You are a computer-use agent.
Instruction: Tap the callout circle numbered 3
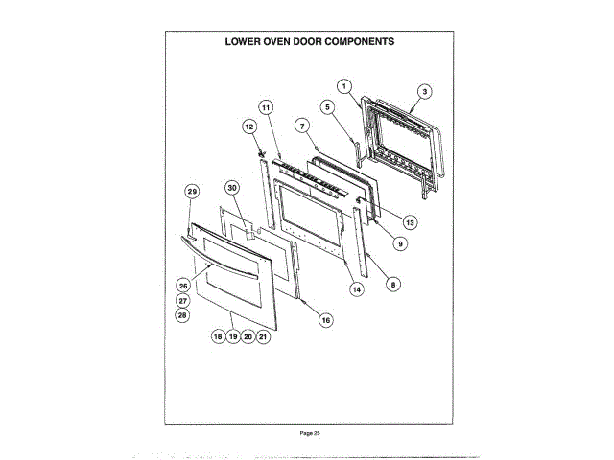pos(424,92)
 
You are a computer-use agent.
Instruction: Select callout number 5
pos(327,107)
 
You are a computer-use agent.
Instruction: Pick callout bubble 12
pos(248,126)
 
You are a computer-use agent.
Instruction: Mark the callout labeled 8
pos(393,284)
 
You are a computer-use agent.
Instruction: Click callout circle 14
pos(356,287)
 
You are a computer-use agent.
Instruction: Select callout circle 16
pos(325,320)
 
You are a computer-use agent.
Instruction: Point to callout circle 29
pos(191,192)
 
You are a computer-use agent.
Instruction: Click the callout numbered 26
pos(182,285)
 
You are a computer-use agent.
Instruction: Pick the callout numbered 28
pos(182,314)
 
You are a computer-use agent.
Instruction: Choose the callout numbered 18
pos(218,337)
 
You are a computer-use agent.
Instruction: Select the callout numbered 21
pos(263,337)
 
